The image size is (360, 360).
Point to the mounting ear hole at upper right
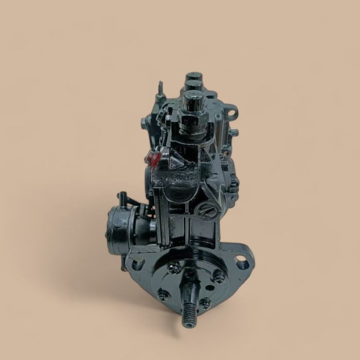point(232,111)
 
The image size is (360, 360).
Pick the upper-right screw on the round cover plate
point(220,277)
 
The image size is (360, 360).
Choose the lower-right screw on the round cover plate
point(205,303)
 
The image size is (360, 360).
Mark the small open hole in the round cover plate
point(190,275)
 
